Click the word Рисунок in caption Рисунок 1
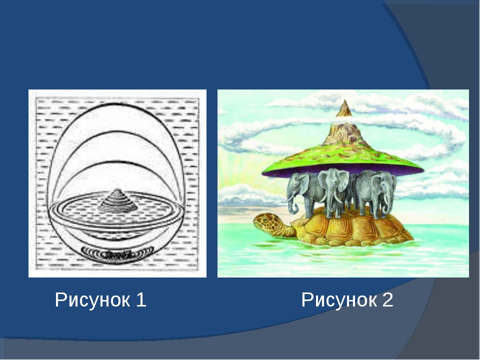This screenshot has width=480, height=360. [92, 300]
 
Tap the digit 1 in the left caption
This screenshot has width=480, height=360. [141, 299]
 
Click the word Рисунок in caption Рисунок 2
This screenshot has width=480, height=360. [339, 300]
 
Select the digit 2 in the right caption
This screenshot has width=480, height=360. [387, 299]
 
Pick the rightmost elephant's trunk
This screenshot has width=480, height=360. [387, 202]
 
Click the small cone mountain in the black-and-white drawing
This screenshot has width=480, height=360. [117, 200]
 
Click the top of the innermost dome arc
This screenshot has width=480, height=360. [116, 161]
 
